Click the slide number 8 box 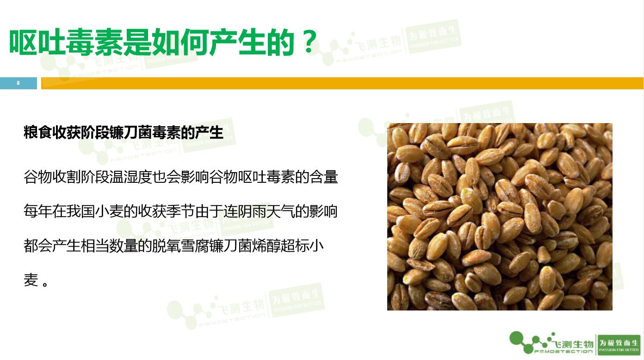[19, 83]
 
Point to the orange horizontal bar [342, 83]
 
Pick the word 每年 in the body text [38, 211]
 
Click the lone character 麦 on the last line [31, 280]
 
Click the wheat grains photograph [500, 217]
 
